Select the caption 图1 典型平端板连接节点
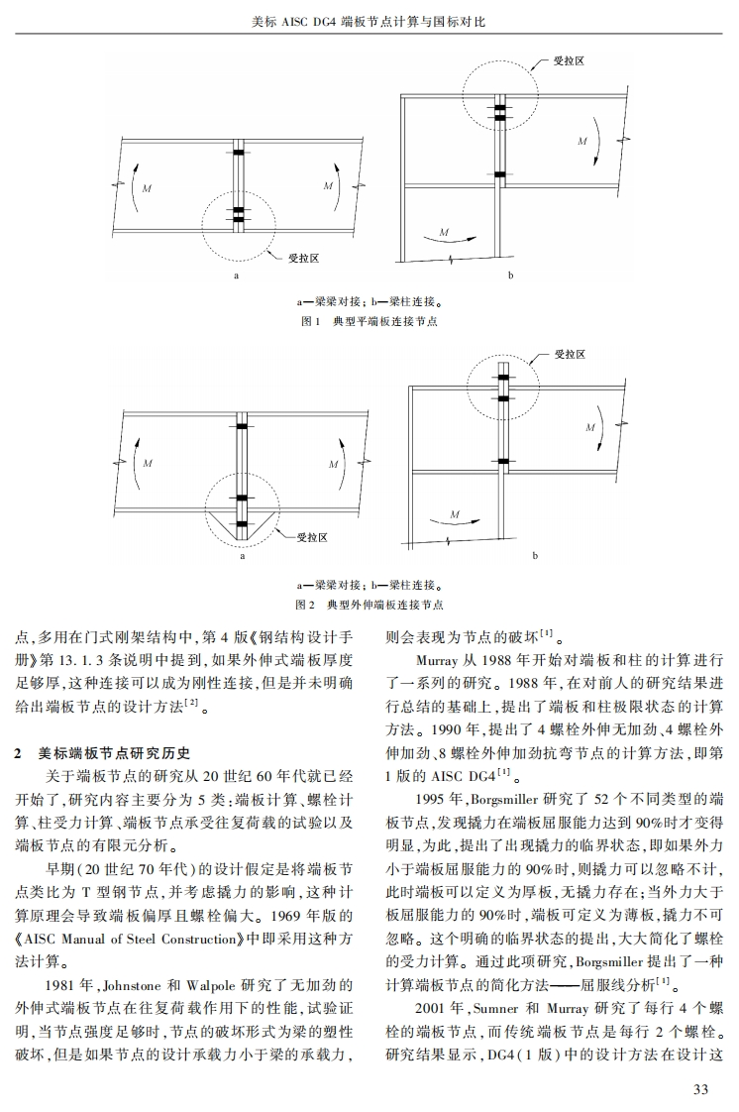[x=369, y=322]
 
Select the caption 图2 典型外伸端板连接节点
[x=369, y=604]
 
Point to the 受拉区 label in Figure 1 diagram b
[x=569, y=61]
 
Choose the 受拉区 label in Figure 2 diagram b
[x=570, y=354]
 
